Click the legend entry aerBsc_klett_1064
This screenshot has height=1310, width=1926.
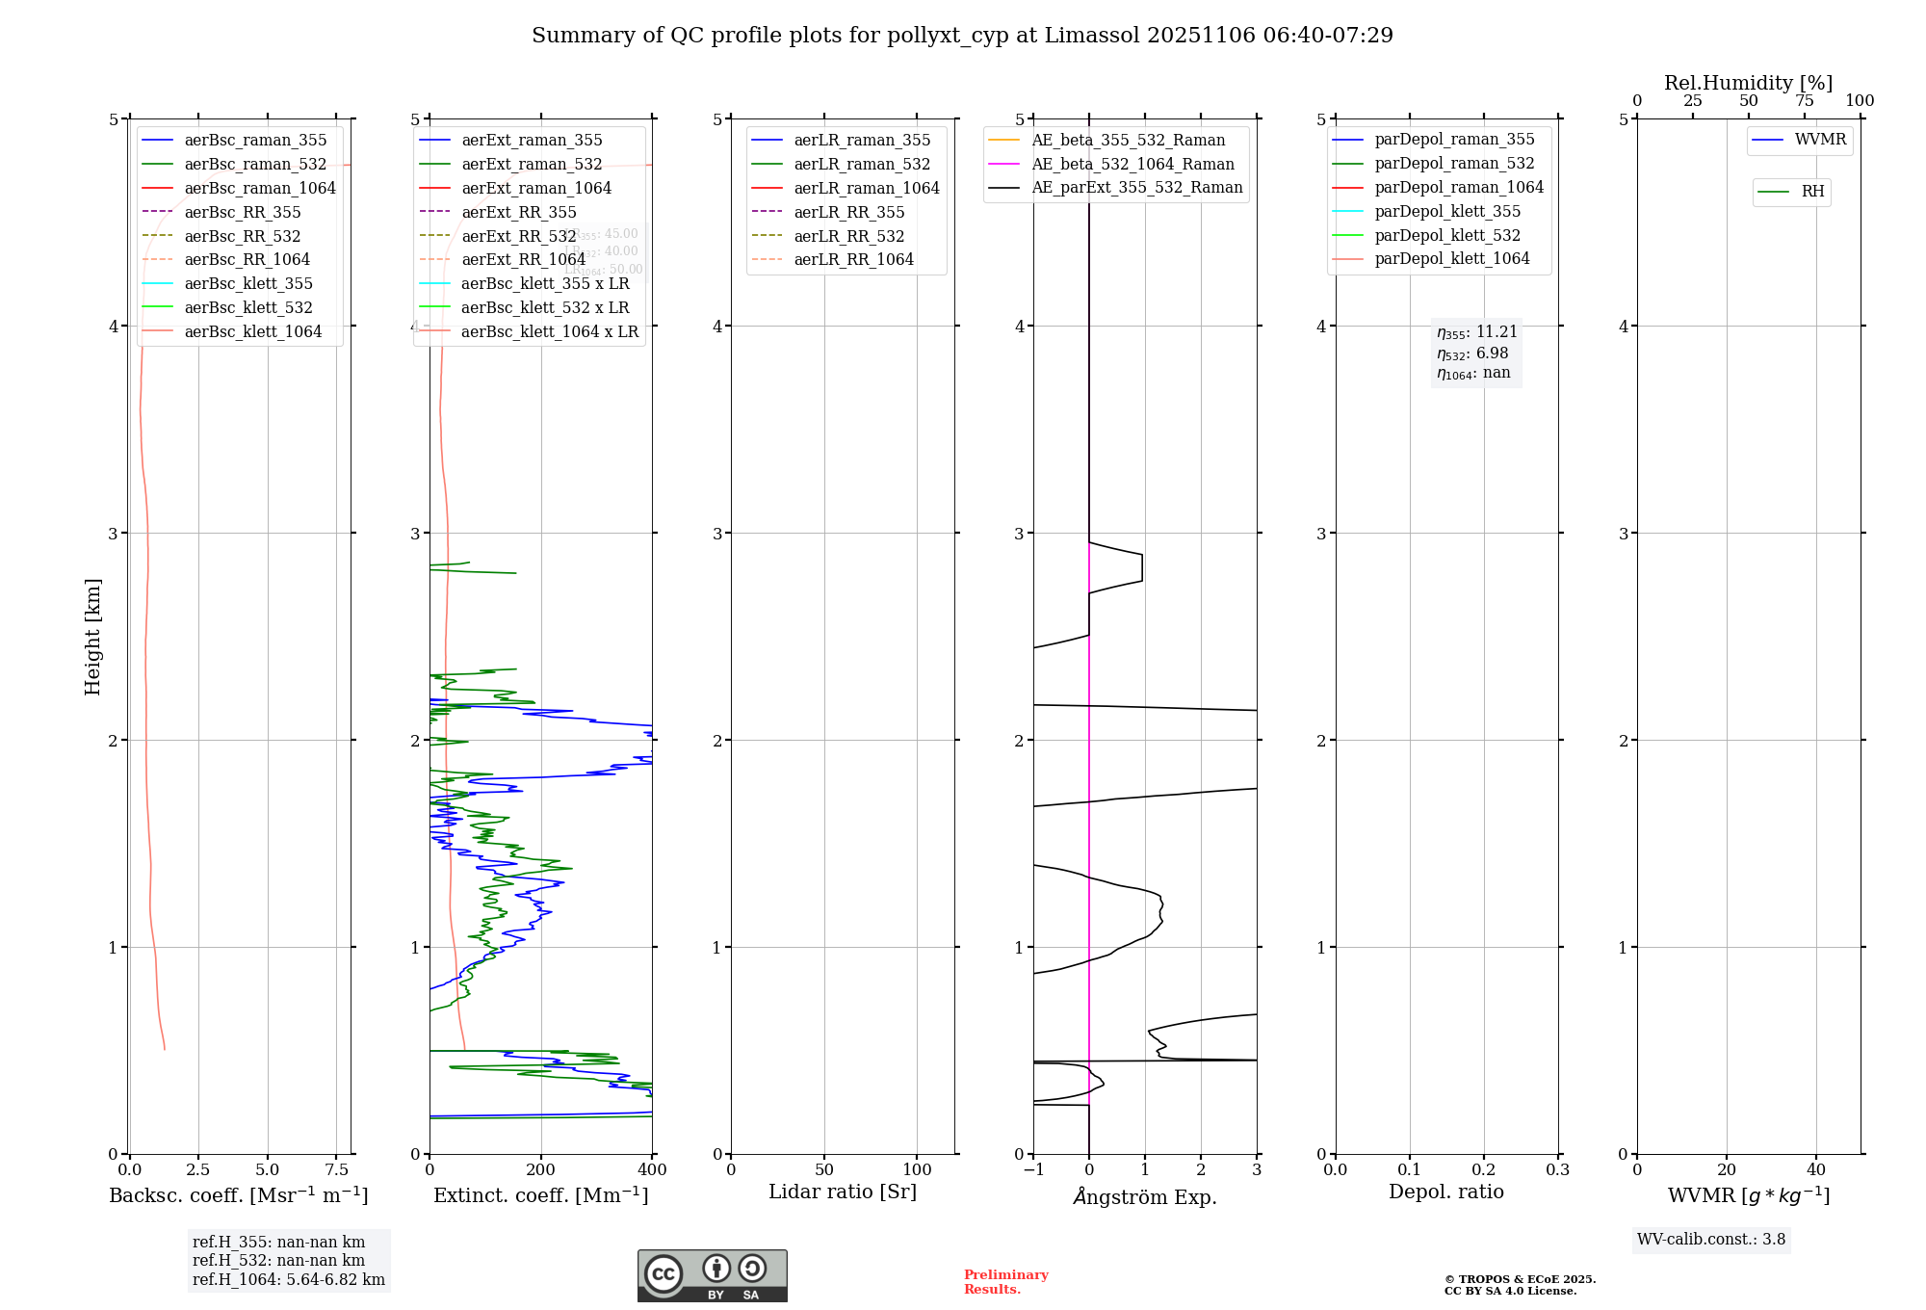pyautogui.click(x=252, y=331)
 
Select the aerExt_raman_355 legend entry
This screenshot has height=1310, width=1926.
pyautogui.click(x=532, y=140)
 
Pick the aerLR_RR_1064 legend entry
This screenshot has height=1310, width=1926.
pyautogui.click(x=853, y=259)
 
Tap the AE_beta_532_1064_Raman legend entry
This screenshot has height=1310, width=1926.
pyautogui.click(x=1132, y=164)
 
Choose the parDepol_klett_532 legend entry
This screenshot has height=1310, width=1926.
pyautogui.click(x=1447, y=235)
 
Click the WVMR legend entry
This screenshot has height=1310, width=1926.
pyautogui.click(x=1820, y=140)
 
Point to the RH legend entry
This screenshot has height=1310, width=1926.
pyautogui.click(x=1812, y=192)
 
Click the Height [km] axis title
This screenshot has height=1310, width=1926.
pyautogui.click(x=92, y=637)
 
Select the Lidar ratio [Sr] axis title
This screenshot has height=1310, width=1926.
pyautogui.click(x=843, y=1192)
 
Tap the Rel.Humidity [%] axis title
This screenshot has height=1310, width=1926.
pyautogui.click(x=1748, y=83)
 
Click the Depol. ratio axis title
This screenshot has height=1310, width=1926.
pyautogui.click(x=1445, y=1192)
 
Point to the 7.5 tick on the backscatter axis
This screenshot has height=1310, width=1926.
pyautogui.click(x=336, y=1170)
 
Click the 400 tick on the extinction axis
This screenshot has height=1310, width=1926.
pyautogui.click(x=652, y=1170)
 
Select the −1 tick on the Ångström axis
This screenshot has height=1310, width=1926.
pyautogui.click(x=1032, y=1170)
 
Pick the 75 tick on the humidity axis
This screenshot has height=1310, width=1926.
pyautogui.click(x=1804, y=101)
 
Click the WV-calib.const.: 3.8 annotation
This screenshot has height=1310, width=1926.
pyautogui.click(x=1710, y=1240)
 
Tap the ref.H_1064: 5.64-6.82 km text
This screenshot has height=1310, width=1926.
pyautogui.click(x=288, y=1280)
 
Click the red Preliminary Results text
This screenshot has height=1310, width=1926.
pyautogui.click(x=1005, y=1282)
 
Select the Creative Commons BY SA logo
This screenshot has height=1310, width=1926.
pyautogui.click(x=712, y=1275)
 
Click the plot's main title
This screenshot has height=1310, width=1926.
pyautogui.click(x=962, y=36)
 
